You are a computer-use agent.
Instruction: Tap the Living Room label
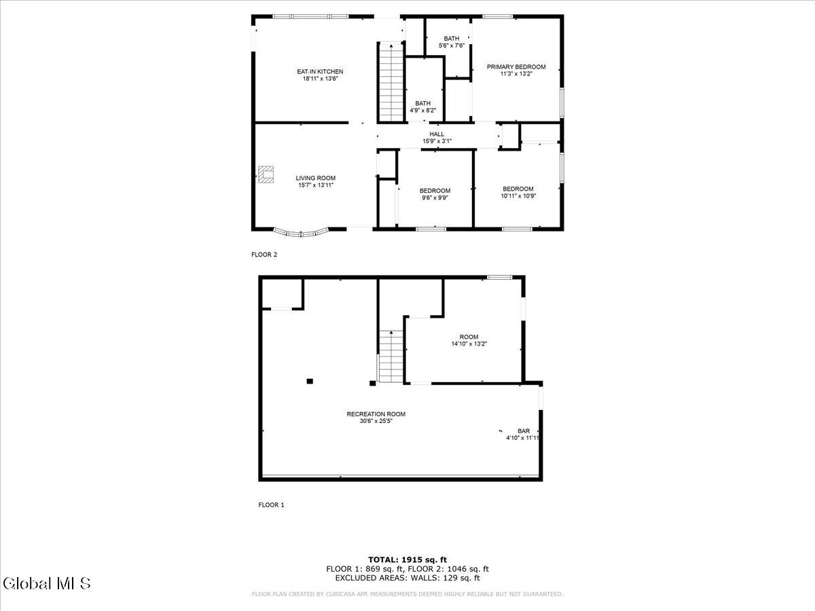315,178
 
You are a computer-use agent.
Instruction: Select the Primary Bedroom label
516,67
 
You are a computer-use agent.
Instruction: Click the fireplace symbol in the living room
266,174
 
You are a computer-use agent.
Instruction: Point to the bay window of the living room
301,233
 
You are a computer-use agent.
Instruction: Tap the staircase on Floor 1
391,356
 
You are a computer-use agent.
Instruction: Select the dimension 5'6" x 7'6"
452,45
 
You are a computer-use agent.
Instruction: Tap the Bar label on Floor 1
523,430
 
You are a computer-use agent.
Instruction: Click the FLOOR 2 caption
264,255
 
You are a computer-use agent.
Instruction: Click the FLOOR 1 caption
271,504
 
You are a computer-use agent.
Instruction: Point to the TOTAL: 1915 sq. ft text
407,559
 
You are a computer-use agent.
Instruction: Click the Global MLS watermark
47,583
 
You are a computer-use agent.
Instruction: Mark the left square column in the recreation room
310,382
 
